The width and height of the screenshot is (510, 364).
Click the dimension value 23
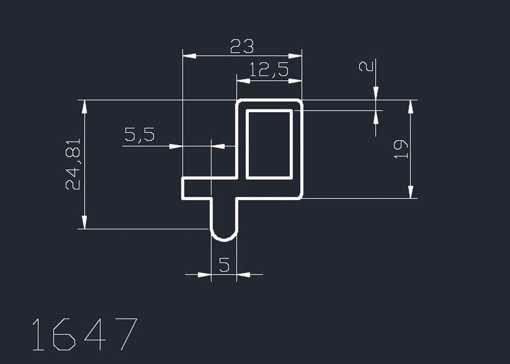tap(242, 46)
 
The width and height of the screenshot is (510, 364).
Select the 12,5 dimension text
tap(269, 70)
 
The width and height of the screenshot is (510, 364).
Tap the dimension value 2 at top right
tap(365, 65)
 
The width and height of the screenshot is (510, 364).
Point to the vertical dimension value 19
tap(401, 149)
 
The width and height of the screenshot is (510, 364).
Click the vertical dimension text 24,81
tap(73, 167)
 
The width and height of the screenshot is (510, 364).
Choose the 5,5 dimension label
tap(139, 135)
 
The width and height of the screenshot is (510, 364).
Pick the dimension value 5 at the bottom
tap(224, 265)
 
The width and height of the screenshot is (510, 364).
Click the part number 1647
tap(84, 334)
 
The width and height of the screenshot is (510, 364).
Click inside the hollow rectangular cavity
tap(269, 144)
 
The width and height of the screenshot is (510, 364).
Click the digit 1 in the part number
tap(38, 334)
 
